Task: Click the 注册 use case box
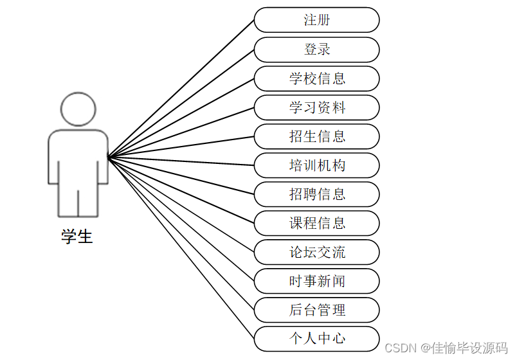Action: [316, 20]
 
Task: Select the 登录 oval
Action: [316, 50]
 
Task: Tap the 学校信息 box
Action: [316, 78]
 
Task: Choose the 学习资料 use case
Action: [316, 107]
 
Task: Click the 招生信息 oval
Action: [316, 136]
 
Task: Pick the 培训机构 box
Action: [316, 165]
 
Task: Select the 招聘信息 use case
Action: [316, 194]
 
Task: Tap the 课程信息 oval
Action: [316, 223]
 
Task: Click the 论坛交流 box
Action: [316, 252]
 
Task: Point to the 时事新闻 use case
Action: [316, 281]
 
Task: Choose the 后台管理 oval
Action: [316, 310]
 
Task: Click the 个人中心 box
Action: [316, 339]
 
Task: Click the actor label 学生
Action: [77, 237]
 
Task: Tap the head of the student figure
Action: [78, 109]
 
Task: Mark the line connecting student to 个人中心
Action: [181, 247]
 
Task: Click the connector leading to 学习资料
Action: [181, 132]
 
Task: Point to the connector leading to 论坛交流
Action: [181, 204]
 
